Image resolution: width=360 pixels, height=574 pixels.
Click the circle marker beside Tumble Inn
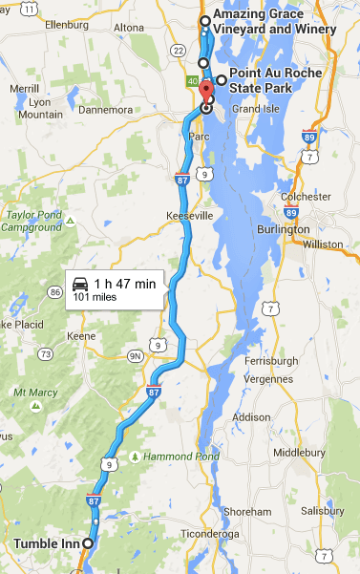[88, 543]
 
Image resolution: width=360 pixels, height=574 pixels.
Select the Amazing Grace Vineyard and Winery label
[274, 23]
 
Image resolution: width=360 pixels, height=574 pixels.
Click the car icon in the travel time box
[81, 283]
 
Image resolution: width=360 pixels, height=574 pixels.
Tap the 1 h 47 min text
[125, 283]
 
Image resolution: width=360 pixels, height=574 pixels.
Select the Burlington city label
[284, 230]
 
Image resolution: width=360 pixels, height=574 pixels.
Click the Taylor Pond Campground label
[36, 223]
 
